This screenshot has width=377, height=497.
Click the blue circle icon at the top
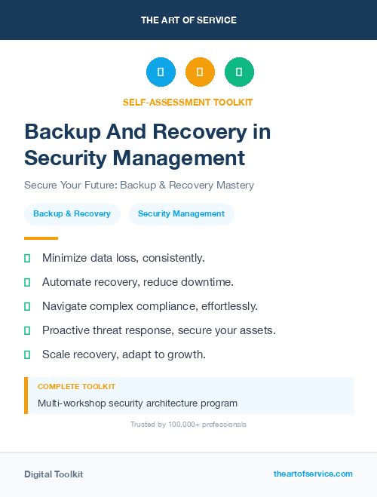point(161,72)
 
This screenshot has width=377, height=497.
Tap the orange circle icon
point(200,72)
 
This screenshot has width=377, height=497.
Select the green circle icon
point(239,72)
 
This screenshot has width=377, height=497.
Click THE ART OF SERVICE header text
point(188,20)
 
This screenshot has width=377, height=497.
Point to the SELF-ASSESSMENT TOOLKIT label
point(188,103)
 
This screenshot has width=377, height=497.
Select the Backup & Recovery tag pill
point(72,214)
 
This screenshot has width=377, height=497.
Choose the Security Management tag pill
point(181,214)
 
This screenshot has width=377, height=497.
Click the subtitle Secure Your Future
point(139,185)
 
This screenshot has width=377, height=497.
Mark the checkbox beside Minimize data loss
point(27,258)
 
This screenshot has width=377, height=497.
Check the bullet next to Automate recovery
point(27,282)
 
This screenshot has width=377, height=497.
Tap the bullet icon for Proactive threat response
point(27,330)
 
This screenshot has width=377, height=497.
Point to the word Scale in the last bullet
point(57,354)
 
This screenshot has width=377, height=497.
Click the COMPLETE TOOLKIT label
point(76,386)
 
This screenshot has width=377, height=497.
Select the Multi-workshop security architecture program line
point(137,403)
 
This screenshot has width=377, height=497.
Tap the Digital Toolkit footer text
point(54,474)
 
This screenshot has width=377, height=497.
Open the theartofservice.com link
point(313,474)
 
